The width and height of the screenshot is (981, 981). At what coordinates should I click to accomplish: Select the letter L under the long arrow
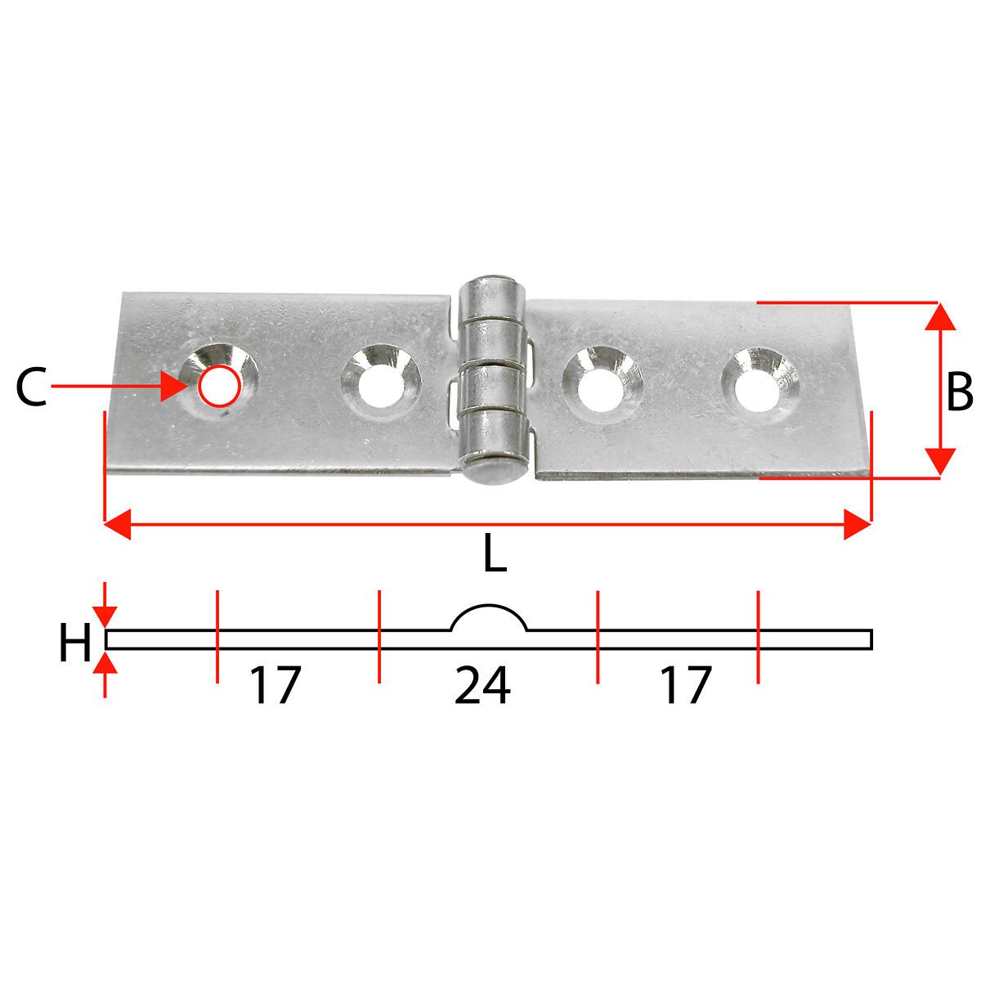coord(495,553)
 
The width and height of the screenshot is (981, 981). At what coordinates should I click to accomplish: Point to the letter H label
coord(75,643)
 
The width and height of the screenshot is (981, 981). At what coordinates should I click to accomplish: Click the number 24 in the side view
coord(482,685)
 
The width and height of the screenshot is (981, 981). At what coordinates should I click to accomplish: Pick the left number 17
coord(275,685)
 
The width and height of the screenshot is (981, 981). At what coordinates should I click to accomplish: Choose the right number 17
coord(686,685)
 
